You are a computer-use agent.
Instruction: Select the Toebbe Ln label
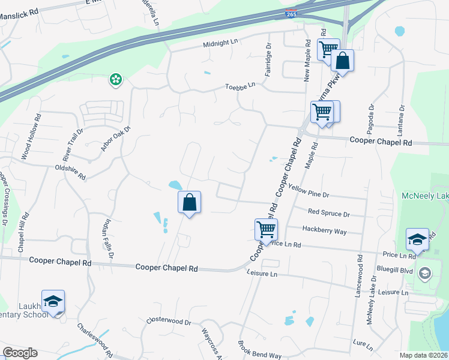(240, 86)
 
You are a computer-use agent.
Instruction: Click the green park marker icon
(115, 79)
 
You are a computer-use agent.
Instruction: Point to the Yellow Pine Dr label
(309, 191)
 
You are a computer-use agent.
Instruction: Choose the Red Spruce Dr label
(328, 213)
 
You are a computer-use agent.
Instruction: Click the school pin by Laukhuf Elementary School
(53, 302)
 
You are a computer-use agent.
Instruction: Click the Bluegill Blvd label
(394, 271)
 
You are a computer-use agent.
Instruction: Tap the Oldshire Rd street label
(70, 173)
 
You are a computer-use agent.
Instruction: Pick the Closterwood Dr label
(169, 322)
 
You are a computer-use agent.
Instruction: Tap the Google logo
(20, 352)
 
